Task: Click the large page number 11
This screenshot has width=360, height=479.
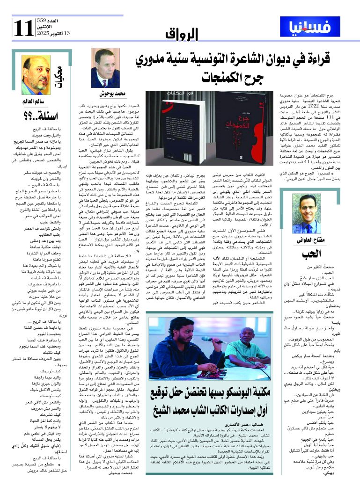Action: pos(23,28)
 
